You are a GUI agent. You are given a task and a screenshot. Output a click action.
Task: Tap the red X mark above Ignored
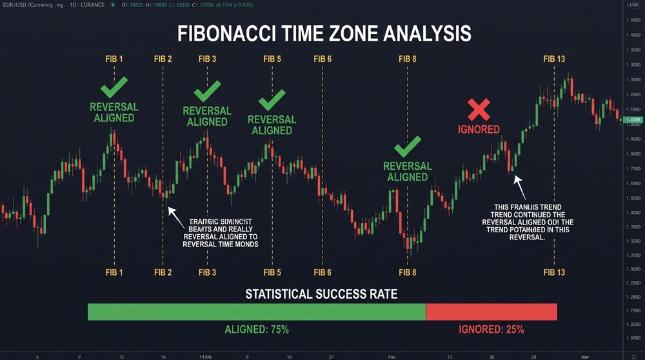click(479, 110)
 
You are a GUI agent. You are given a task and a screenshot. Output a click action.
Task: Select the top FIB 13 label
click(554, 59)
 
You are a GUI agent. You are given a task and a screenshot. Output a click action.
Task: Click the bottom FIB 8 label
click(408, 273)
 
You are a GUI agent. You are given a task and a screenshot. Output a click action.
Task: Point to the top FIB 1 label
click(114, 59)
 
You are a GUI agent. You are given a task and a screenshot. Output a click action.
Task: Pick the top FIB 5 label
click(272, 59)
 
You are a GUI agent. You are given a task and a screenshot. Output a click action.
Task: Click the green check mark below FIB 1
click(114, 87)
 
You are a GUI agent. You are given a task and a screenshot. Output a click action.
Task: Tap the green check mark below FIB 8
click(408, 146)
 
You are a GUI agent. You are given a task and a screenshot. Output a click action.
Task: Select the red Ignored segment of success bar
click(491, 312)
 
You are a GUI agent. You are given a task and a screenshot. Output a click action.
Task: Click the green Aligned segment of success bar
click(257, 312)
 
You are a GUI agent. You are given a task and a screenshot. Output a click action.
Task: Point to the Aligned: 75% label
click(257, 330)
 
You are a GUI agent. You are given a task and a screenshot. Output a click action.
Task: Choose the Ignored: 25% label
click(491, 330)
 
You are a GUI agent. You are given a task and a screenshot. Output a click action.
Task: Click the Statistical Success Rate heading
click(321, 295)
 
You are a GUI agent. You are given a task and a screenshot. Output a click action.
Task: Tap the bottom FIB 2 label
click(163, 273)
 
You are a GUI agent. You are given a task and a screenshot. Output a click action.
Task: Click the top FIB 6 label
click(322, 59)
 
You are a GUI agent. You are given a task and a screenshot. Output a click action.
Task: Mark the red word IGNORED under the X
click(479, 129)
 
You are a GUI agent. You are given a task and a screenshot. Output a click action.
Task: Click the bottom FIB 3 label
click(207, 273)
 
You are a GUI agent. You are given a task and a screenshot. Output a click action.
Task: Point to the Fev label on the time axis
click(393, 355)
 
